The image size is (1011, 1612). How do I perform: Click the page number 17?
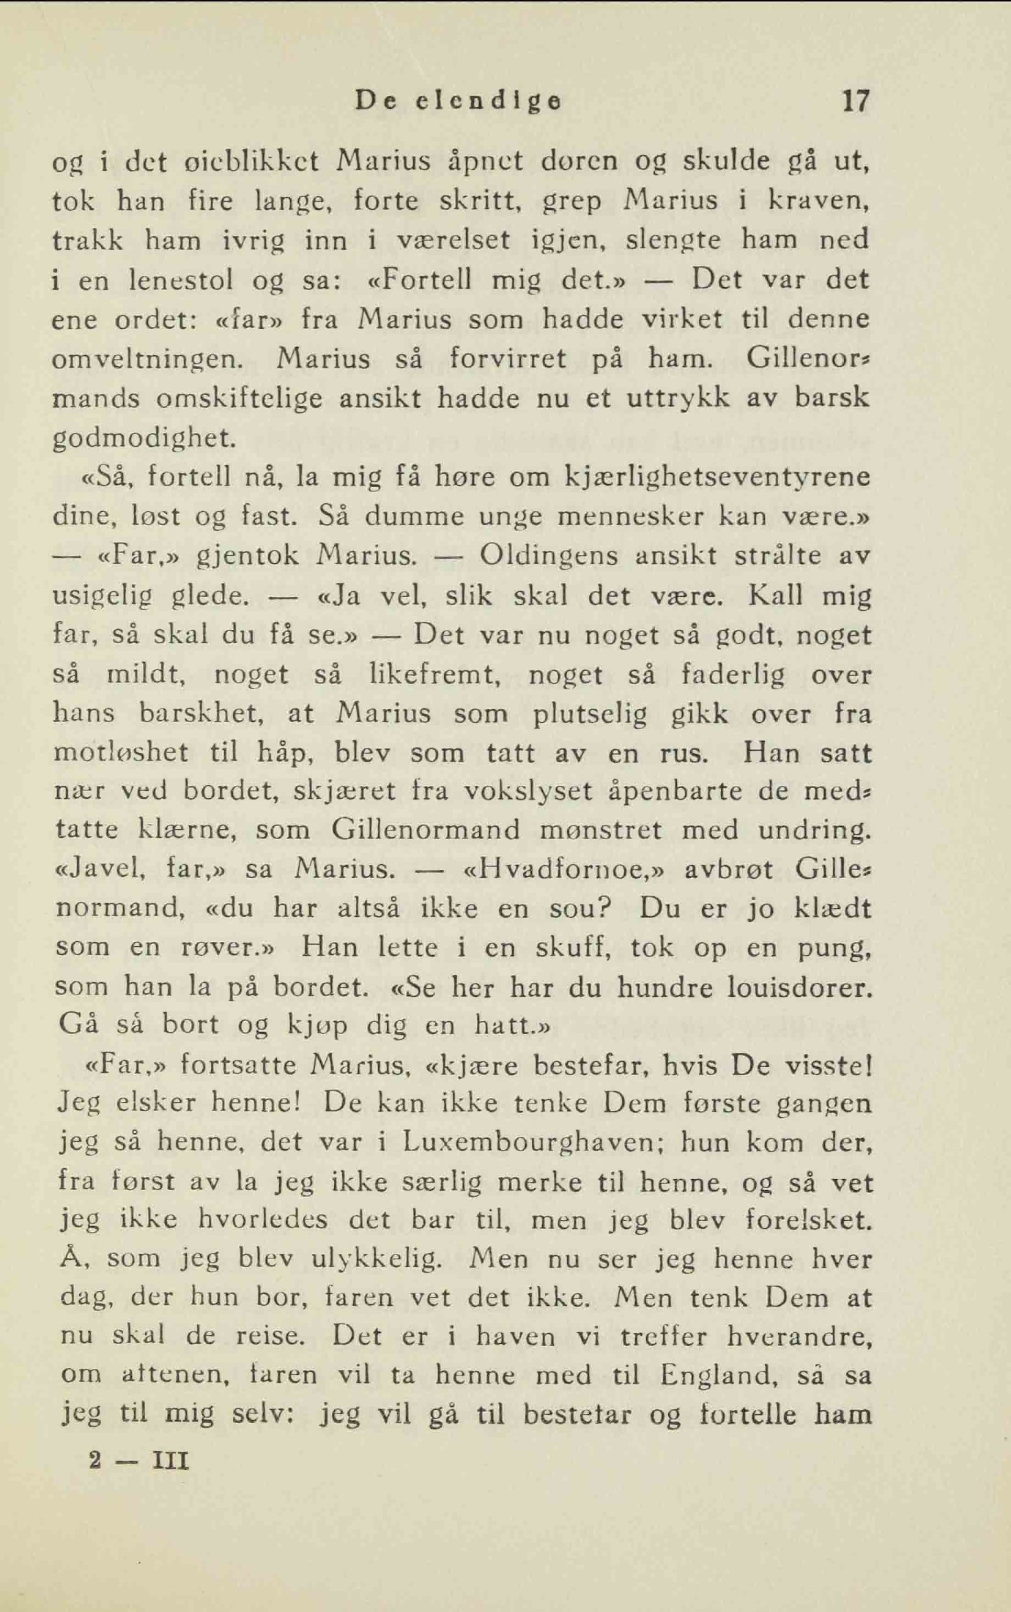click(854, 100)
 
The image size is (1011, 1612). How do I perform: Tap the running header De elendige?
click(459, 101)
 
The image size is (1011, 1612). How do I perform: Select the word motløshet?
click(122, 752)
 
